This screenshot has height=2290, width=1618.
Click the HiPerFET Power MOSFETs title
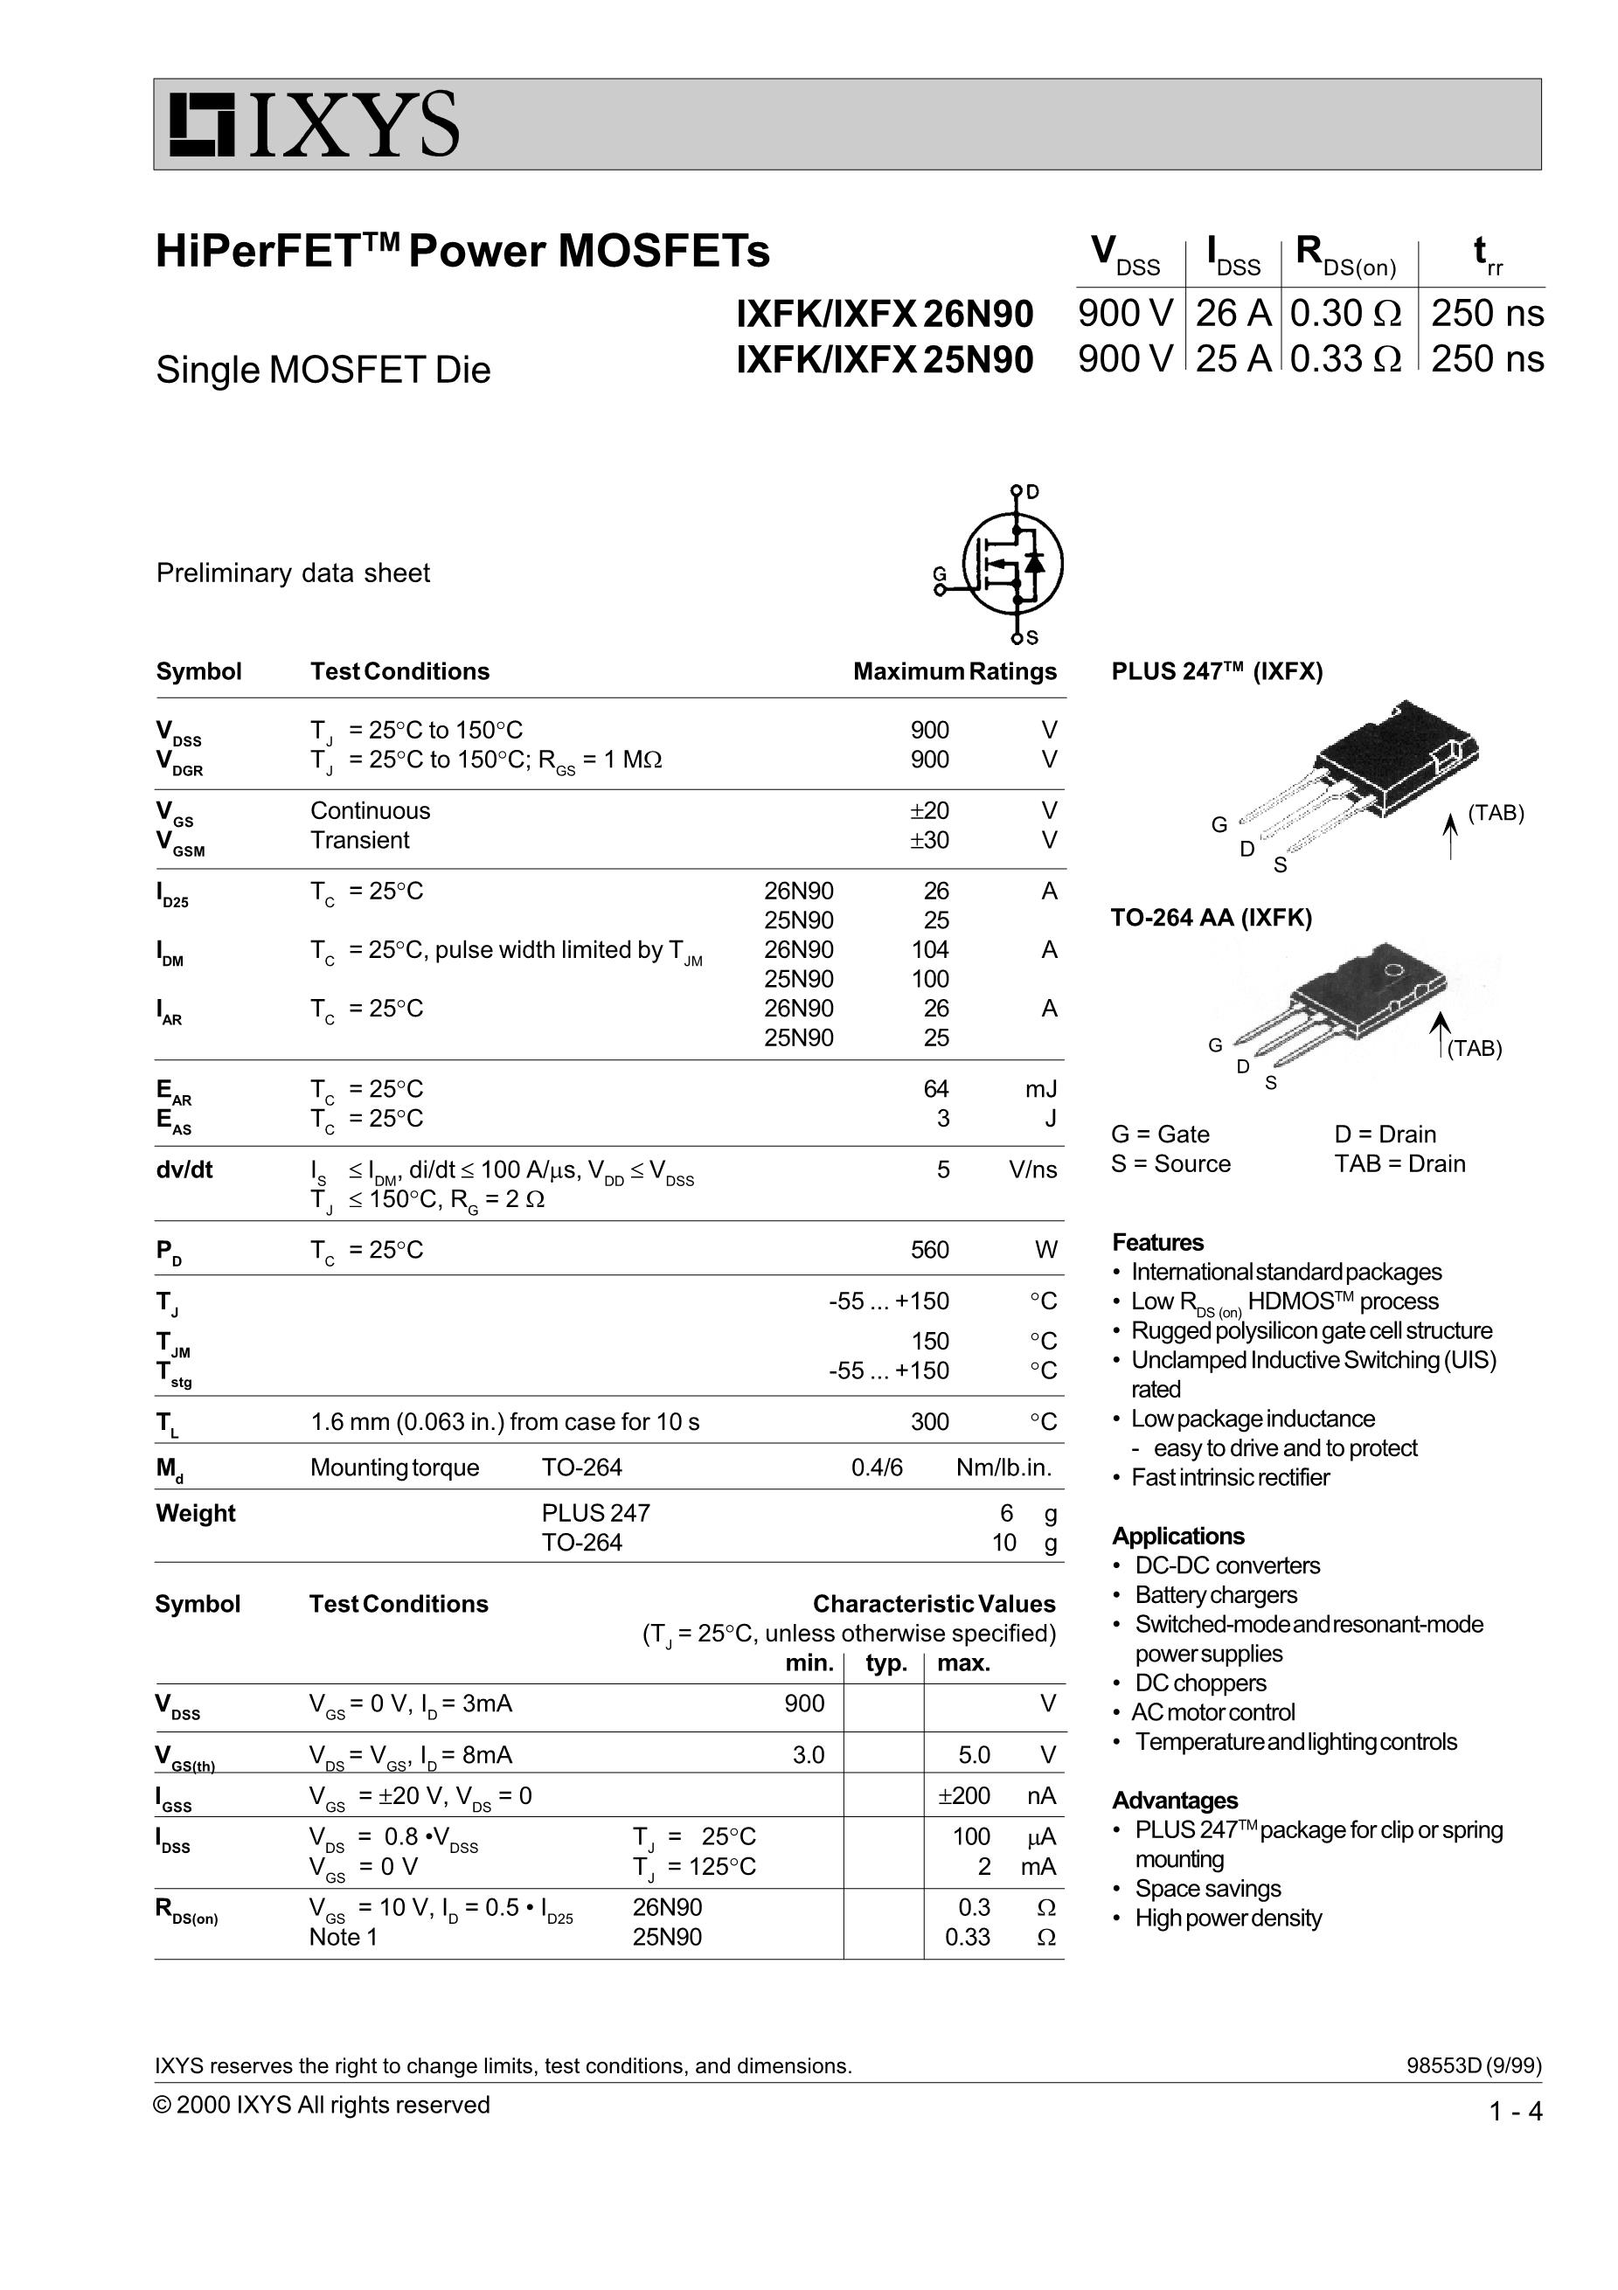coord(463,250)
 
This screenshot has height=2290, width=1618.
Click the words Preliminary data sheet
coord(294,573)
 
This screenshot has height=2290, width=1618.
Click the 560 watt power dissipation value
coord(930,1250)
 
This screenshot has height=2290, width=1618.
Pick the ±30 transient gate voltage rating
coord(928,840)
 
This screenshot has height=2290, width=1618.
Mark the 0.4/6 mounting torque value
coord(877,1468)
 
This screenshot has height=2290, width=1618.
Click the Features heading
coord(1158,1243)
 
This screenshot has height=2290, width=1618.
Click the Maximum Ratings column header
coord(955,671)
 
